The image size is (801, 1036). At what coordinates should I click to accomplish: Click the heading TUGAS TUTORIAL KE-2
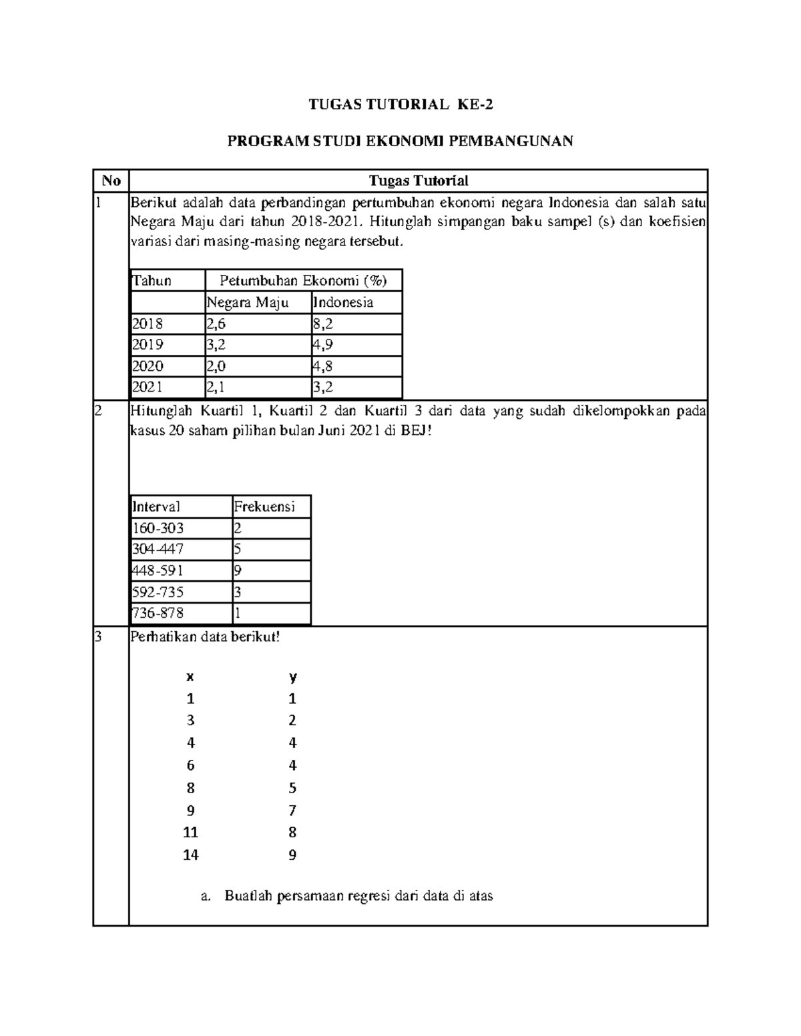[400, 105]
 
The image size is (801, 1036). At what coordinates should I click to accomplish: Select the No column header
[111, 181]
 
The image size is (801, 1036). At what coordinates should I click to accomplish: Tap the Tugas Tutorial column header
[419, 181]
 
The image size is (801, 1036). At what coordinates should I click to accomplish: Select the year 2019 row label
[148, 345]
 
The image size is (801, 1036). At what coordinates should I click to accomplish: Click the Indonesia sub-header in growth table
[343, 302]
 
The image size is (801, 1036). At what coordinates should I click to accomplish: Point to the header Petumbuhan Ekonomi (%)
[303, 281]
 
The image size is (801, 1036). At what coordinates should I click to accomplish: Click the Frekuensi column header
[264, 506]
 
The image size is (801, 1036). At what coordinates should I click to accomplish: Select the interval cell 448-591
[158, 570]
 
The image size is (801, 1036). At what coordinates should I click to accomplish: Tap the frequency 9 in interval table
[238, 570]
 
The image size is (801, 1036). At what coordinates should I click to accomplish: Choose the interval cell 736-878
[158, 613]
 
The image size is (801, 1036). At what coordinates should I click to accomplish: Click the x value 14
[191, 855]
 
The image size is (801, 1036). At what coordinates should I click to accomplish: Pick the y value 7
[292, 811]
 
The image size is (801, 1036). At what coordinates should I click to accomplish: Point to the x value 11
[191, 833]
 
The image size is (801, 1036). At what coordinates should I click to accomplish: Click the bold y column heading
[292, 677]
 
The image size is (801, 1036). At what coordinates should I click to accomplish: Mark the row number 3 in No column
[98, 636]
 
